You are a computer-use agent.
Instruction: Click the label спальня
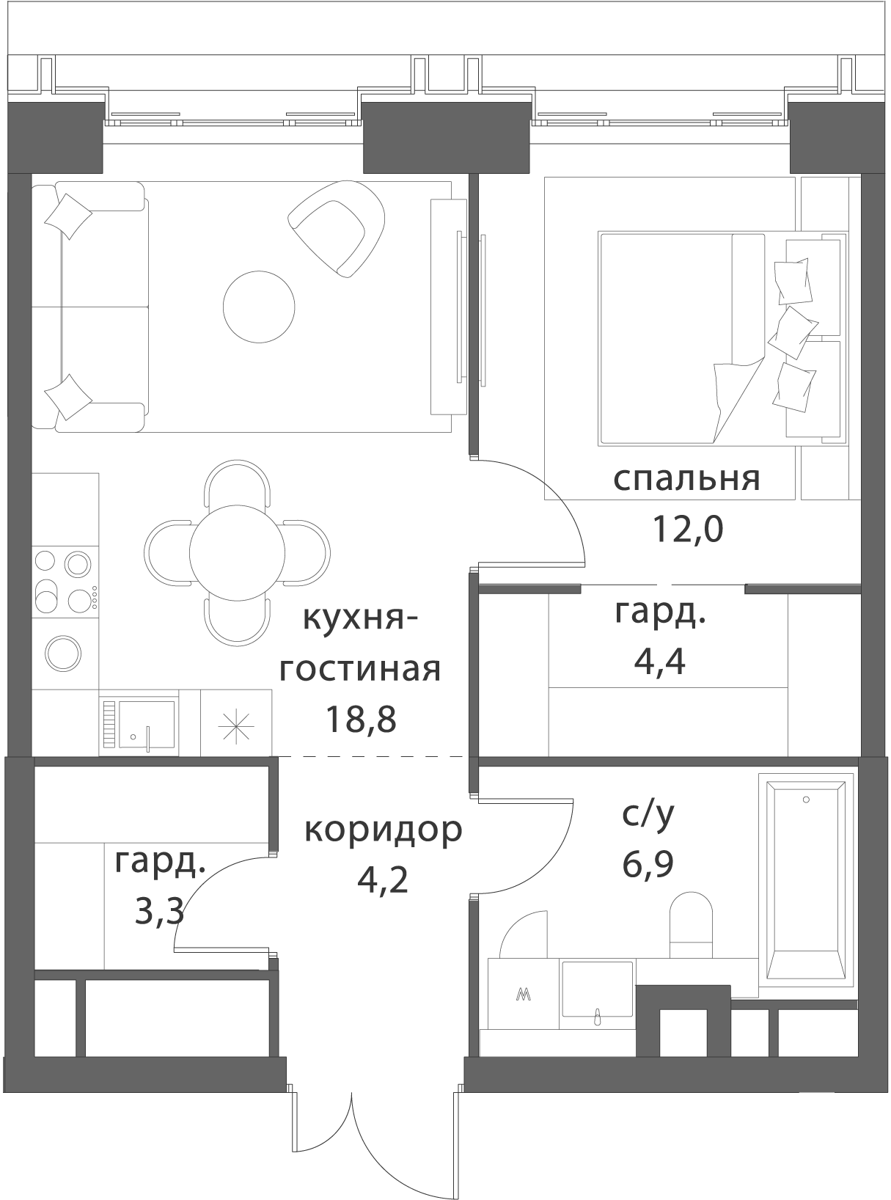[x=686, y=480]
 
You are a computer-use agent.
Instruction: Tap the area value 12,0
[x=688, y=529]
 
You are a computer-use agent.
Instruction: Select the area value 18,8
[x=361, y=719]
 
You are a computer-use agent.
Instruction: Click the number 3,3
[x=159, y=912]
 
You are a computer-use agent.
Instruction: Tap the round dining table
[x=237, y=552]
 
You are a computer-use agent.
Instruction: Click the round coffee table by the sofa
[x=259, y=307]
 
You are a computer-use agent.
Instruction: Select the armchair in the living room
[x=337, y=229]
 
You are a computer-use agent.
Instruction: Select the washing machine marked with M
[x=523, y=994]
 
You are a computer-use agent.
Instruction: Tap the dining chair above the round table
[x=237, y=483]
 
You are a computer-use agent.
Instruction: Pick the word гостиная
[x=360, y=670]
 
